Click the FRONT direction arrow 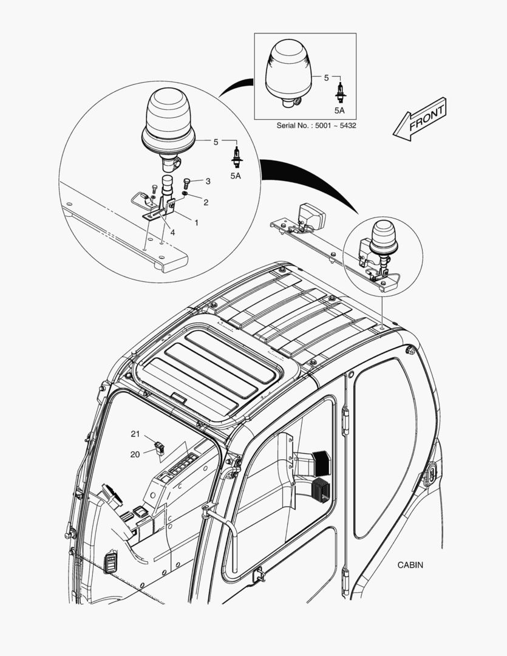tap(420, 119)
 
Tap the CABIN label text tap(410, 565)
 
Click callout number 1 tap(196, 222)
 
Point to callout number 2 tap(206, 202)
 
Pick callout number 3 tap(208, 181)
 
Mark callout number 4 tap(172, 231)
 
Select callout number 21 tap(135, 434)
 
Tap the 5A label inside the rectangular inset tap(339, 111)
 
